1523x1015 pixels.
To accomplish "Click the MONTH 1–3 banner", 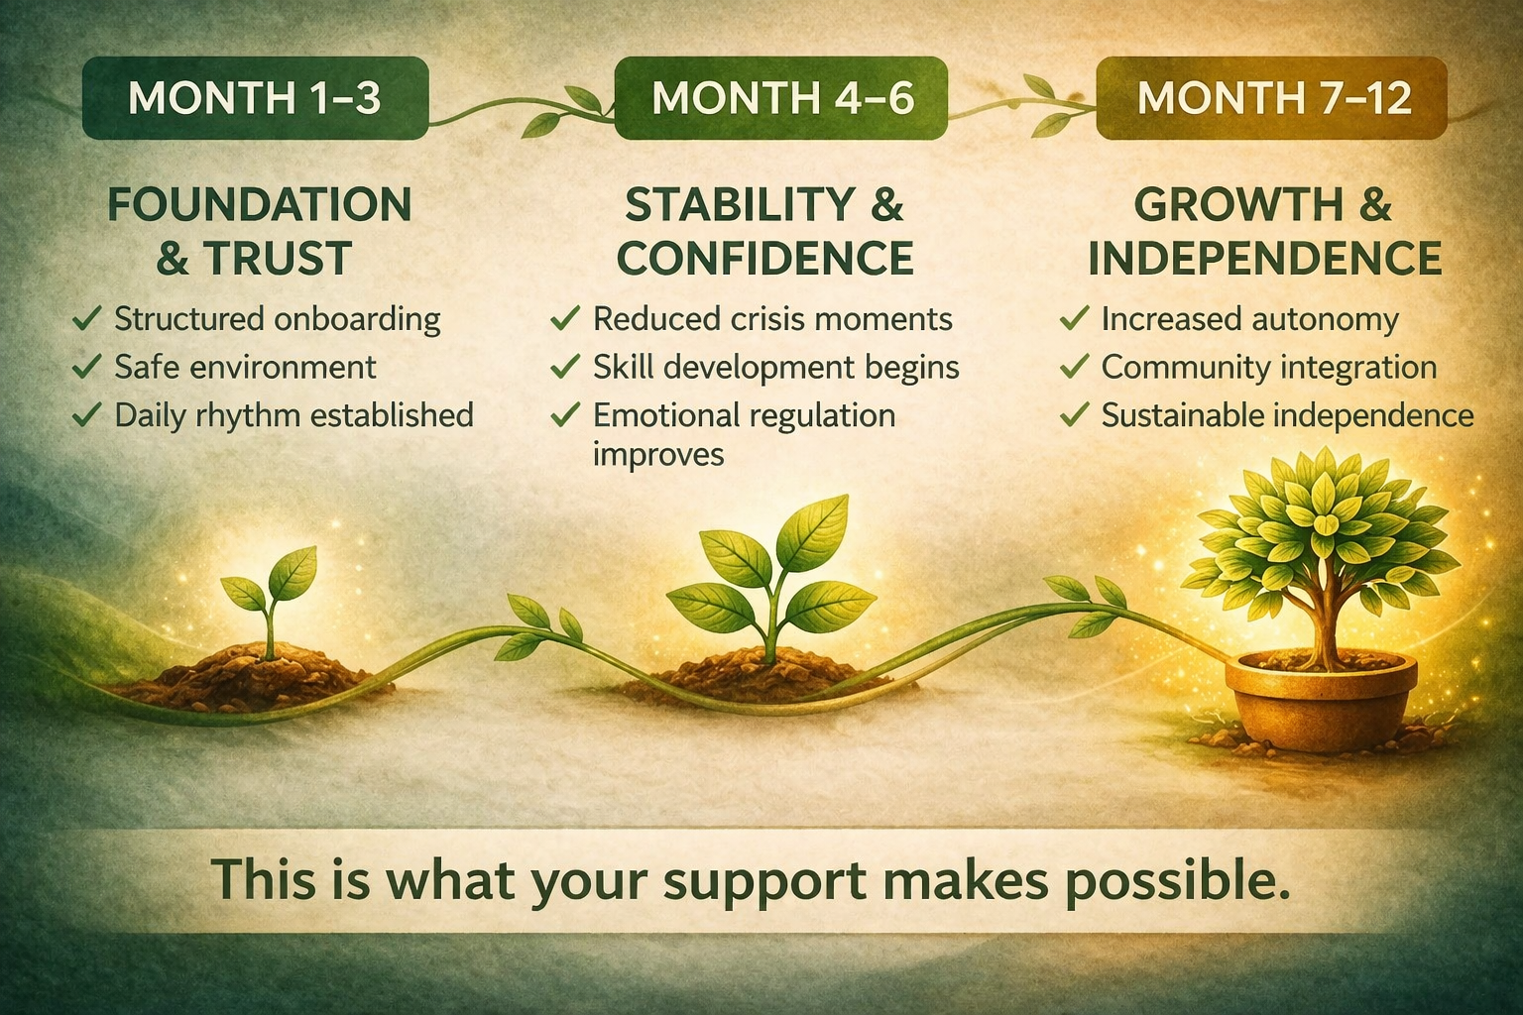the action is [x=256, y=98].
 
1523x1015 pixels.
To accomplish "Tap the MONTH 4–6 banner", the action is [x=781, y=98].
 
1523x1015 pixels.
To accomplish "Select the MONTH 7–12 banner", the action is [x=1271, y=98].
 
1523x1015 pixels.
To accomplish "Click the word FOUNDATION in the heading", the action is [x=260, y=204].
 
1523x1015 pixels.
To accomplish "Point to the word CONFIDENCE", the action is [x=764, y=258].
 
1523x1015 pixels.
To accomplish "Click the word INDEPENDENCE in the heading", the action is [x=1264, y=258].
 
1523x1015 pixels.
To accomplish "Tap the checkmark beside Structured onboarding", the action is [x=87, y=318].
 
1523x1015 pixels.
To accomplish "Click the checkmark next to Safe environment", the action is [x=87, y=367].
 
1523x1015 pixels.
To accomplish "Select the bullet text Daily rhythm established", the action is [x=293, y=415].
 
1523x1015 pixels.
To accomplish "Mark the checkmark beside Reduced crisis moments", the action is [x=565, y=318].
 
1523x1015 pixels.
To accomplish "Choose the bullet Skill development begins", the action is [x=775, y=368].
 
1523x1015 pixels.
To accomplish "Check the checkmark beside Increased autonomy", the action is [x=1074, y=318].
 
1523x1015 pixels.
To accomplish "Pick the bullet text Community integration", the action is [x=1269, y=368].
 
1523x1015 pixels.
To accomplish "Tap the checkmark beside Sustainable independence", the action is [x=1074, y=414].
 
